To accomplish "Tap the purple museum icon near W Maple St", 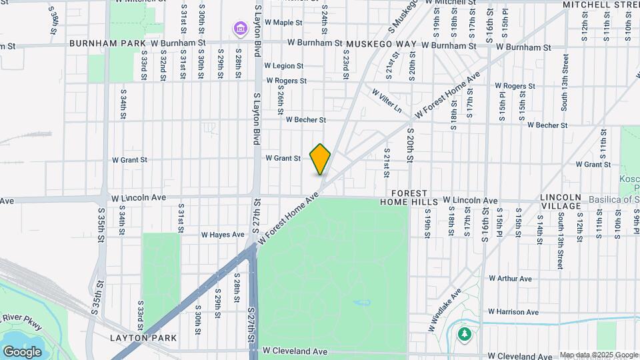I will (239, 29).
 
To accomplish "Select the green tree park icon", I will (464, 334).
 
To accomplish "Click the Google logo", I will (22, 351).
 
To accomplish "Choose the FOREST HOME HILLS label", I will (409, 196).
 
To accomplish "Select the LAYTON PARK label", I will (143, 338).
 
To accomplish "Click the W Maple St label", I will (283, 23).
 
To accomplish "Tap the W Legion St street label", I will (283, 66).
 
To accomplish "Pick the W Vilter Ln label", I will (387, 100).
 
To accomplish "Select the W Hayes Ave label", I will (223, 235).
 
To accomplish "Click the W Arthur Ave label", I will (509, 278).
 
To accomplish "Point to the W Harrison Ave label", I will (513, 311).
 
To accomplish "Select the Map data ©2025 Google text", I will (598, 355).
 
